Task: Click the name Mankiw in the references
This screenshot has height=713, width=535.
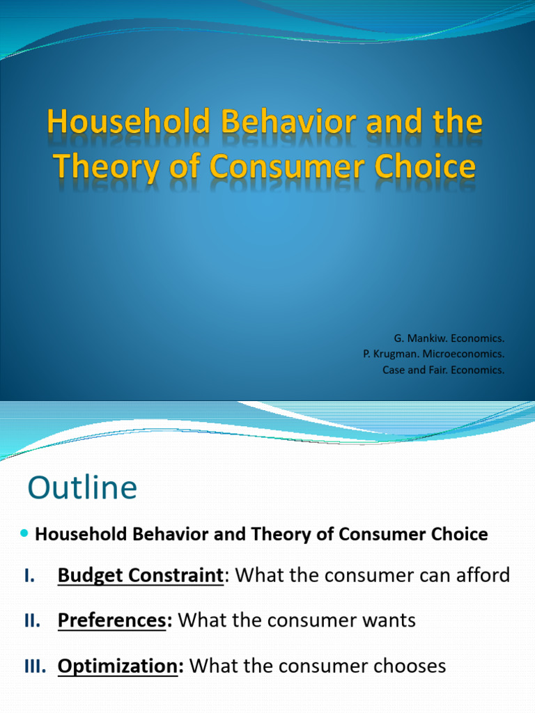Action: pyautogui.click(x=424, y=338)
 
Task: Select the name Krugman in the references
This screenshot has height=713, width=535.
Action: pyautogui.click(x=395, y=354)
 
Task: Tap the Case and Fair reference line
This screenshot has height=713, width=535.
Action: pyautogui.click(x=443, y=370)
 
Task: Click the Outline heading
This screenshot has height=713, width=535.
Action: pyautogui.click(x=82, y=488)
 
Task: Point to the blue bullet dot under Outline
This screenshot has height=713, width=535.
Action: pyautogui.click(x=25, y=533)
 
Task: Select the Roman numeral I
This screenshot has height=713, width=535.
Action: pyautogui.click(x=29, y=576)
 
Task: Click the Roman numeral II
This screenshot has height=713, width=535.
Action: pyautogui.click(x=31, y=621)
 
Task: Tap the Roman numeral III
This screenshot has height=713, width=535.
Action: pyautogui.click(x=34, y=666)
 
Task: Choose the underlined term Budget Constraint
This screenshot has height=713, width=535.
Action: pyautogui.click(x=140, y=576)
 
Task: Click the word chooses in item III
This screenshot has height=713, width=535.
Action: pyautogui.click(x=408, y=666)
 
